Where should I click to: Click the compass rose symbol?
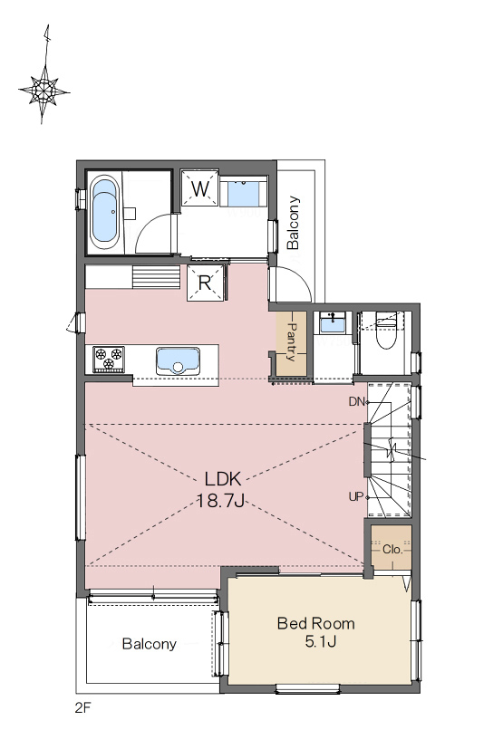(x=44, y=89)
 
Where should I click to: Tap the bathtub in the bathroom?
(x=103, y=213)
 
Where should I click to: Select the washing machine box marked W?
(x=200, y=188)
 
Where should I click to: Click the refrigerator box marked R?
(x=205, y=283)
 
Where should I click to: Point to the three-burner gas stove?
(x=109, y=360)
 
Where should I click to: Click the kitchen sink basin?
(x=178, y=361)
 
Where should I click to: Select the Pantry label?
(x=292, y=342)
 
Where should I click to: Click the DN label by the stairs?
(x=357, y=402)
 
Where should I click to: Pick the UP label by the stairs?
(x=356, y=497)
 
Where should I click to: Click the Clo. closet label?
(x=392, y=550)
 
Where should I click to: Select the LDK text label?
(x=222, y=478)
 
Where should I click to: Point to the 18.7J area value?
(x=221, y=501)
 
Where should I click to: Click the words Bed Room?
(x=316, y=623)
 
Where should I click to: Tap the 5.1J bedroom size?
(x=321, y=641)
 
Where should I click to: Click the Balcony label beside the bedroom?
(x=150, y=644)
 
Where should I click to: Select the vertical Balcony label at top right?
(x=293, y=223)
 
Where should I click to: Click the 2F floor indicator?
(x=82, y=707)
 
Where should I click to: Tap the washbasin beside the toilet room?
(x=332, y=323)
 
